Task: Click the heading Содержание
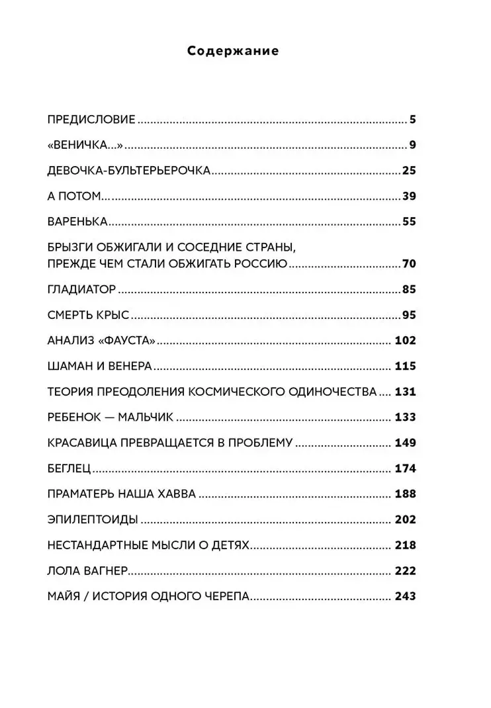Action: (233, 51)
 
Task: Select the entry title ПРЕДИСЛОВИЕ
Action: (92, 120)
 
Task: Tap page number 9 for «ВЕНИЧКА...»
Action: (411, 146)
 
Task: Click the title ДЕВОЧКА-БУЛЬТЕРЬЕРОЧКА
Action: (130, 171)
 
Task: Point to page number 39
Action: (408, 196)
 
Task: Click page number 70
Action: (408, 264)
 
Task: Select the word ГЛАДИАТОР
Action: (83, 289)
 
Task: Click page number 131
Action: (405, 391)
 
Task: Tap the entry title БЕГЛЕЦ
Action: (69, 468)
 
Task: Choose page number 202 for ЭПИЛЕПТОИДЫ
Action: (405, 519)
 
